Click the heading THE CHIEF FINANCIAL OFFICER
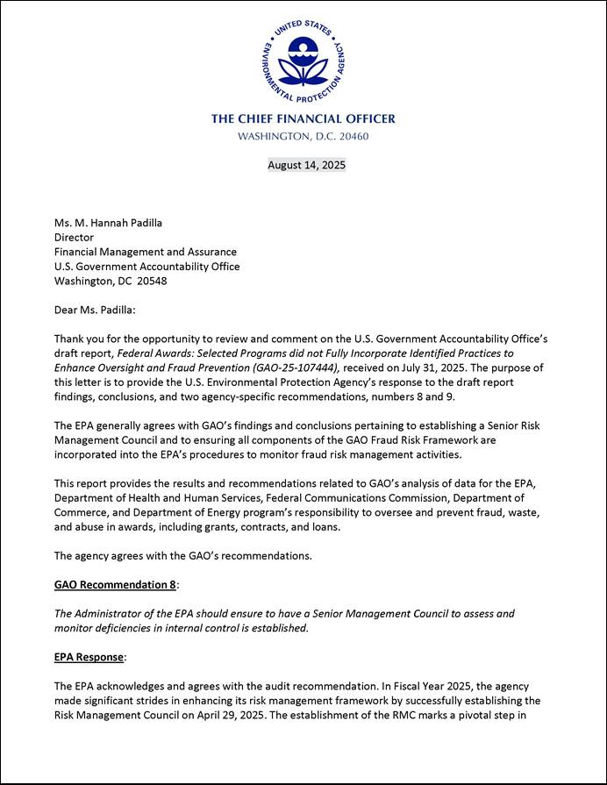point(303,118)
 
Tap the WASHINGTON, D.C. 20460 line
point(303,137)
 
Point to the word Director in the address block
point(74,238)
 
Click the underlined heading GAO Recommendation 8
point(116,584)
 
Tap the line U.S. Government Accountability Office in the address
point(146,267)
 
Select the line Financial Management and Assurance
point(145,252)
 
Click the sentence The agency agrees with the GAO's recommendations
point(183,555)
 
